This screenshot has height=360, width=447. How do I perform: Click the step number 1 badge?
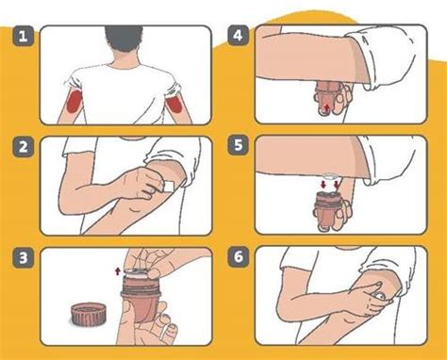click(24, 37)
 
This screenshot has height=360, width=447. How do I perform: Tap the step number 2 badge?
click(24, 147)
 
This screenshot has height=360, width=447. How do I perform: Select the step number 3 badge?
click(24, 257)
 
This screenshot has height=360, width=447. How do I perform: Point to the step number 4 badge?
click(238, 36)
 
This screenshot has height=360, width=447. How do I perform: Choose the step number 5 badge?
click(238, 145)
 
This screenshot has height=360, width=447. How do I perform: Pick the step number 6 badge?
click(238, 256)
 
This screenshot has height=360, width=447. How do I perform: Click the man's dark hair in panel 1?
click(124, 38)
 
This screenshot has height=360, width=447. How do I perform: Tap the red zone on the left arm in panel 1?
click(74, 100)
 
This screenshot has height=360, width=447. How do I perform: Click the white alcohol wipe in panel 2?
click(170, 187)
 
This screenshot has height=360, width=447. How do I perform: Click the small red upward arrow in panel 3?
click(118, 270)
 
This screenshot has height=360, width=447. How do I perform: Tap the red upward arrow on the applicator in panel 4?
click(327, 108)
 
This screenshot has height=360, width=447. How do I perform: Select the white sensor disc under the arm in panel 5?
click(329, 175)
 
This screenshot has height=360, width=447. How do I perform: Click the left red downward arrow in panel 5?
click(323, 185)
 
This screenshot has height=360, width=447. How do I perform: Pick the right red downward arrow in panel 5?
click(337, 185)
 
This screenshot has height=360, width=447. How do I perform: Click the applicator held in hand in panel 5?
click(329, 210)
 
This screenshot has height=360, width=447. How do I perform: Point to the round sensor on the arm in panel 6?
click(380, 296)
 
